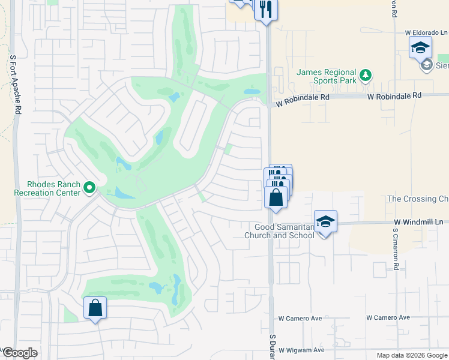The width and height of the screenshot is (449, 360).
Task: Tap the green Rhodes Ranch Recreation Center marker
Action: pyautogui.click(x=90, y=188)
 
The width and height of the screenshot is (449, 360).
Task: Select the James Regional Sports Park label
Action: pyautogui.click(x=327, y=76)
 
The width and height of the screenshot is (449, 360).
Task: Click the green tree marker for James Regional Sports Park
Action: pyautogui.click(x=366, y=76)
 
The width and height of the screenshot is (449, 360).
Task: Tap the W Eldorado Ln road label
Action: pyautogui.click(x=426, y=32)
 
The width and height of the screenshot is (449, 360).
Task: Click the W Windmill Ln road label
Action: pyautogui.click(x=420, y=222)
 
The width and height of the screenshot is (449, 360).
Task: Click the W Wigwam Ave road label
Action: pyautogui.click(x=301, y=350)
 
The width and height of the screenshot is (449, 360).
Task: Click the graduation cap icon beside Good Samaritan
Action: pyautogui.click(x=325, y=221)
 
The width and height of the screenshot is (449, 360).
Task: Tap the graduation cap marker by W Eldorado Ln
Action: pyautogui.click(x=420, y=47)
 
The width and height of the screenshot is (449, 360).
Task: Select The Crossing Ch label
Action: pyautogui.click(x=418, y=199)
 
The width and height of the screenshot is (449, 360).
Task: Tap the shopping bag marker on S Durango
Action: pyautogui.click(x=276, y=197)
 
